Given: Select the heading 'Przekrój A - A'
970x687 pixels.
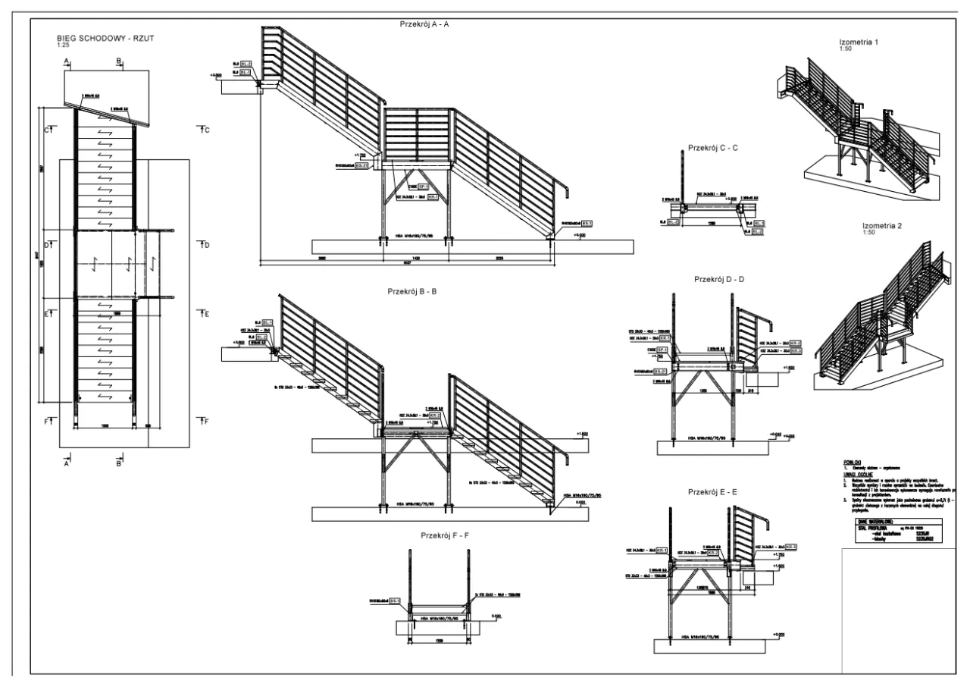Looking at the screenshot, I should (x=425, y=24).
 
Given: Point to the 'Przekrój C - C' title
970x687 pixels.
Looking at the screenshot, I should (x=713, y=148).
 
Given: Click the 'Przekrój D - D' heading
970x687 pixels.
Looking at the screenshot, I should (x=719, y=279).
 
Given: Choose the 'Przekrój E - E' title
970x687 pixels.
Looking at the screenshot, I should (x=713, y=491).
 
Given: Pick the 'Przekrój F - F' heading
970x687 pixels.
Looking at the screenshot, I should (x=446, y=536).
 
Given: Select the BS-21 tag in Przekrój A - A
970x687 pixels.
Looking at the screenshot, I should (x=361, y=165).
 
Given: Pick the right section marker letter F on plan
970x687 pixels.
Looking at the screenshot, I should (x=205, y=419).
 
